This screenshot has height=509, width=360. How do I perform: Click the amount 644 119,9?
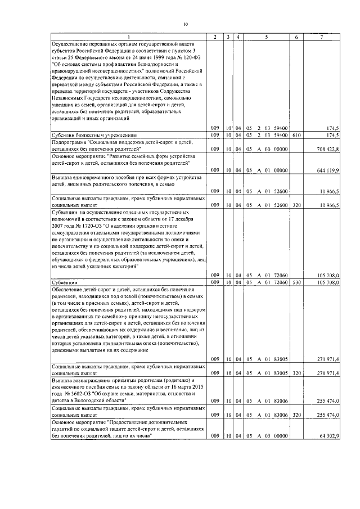point(326,170)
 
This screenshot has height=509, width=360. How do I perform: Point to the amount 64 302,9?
point(327,436)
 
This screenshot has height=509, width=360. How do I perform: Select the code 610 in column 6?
point(296,136)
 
